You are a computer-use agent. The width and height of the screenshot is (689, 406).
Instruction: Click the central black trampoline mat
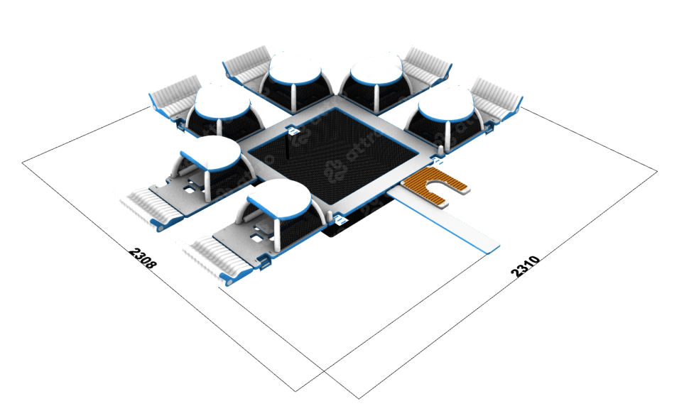coord(334,167)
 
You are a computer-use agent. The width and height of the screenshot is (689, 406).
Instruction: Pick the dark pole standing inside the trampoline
coord(288,149)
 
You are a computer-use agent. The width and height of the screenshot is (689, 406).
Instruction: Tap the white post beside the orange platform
coord(442,150)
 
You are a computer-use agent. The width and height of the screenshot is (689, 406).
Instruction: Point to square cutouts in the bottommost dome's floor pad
coord(255,224)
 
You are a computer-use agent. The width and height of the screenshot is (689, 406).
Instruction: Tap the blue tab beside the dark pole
coord(293,131)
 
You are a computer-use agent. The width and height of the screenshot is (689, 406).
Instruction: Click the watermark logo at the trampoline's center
coord(334,170)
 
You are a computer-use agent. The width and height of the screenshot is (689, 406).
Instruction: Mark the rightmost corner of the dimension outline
coord(656,170)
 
